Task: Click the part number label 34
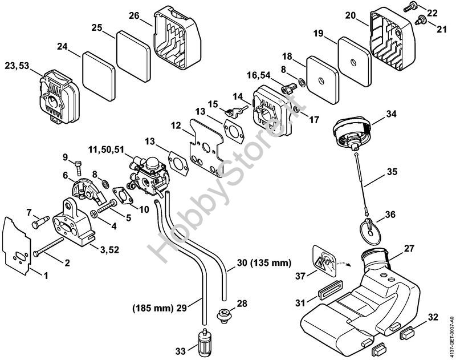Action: point(390,114)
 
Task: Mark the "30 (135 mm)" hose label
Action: point(263,264)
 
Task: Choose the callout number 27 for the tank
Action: point(410,249)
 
